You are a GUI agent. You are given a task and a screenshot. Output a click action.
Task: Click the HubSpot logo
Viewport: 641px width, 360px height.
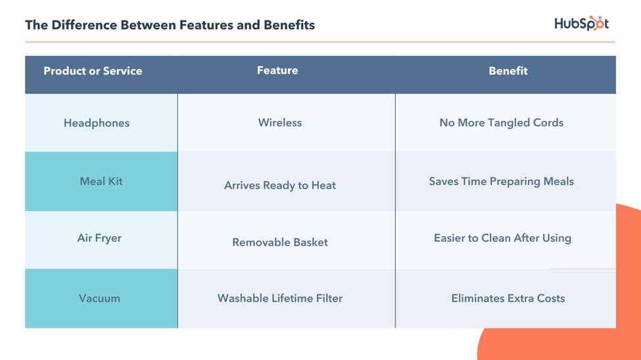(581, 24)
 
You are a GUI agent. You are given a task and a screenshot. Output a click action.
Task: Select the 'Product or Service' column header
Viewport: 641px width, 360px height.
(93, 71)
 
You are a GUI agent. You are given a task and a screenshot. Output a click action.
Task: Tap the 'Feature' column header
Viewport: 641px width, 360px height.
(277, 70)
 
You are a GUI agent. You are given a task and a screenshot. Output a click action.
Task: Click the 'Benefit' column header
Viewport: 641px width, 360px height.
(508, 71)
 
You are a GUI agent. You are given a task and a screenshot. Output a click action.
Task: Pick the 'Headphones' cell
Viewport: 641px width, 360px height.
(97, 123)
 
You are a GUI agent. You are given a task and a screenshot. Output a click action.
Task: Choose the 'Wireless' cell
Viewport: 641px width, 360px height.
(280, 123)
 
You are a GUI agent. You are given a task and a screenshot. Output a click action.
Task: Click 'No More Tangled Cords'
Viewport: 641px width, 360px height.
(502, 123)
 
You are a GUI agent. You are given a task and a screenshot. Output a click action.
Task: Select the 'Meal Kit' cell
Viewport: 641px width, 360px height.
(101, 181)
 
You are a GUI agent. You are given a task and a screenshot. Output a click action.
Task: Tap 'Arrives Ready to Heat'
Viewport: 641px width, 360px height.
(280, 185)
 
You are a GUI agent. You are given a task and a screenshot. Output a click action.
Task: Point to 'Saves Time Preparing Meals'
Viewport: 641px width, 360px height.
(502, 181)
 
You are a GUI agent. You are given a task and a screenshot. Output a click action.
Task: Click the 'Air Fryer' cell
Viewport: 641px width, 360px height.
(99, 238)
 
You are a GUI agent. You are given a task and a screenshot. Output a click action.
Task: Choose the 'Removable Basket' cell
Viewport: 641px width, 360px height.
(280, 242)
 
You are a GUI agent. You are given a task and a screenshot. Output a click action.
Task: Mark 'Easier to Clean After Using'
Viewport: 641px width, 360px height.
(502, 238)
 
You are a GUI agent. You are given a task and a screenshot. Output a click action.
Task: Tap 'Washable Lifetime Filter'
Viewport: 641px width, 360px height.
(280, 298)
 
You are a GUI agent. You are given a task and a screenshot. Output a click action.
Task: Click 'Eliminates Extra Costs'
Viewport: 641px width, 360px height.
(508, 298)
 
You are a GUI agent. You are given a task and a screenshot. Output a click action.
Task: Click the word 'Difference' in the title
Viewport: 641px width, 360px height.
(85, 26)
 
